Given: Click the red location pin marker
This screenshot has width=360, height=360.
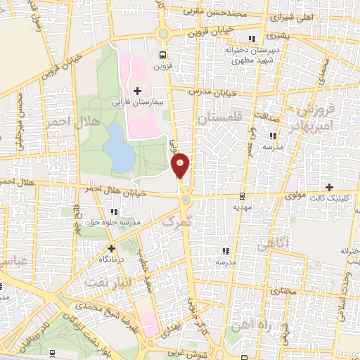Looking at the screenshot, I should click(181, 165).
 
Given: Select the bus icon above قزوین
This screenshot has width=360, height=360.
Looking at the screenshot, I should click(163, 54).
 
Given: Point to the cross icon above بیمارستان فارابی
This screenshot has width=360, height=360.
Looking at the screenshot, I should click(137, 91).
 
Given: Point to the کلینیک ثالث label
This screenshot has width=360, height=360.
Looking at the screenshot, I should click(329, 198).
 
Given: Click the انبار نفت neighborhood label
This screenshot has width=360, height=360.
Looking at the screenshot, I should click(107, 282).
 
